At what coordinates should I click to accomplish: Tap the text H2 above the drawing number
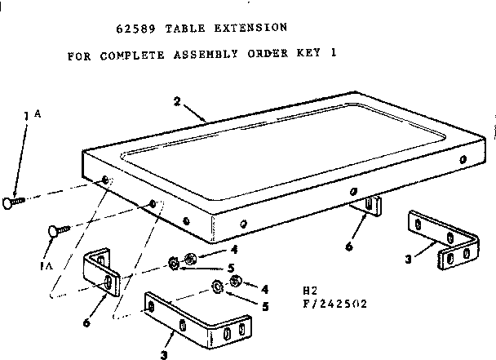tap(310, 289)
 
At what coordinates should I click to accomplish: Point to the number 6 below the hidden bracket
tap(348, 244)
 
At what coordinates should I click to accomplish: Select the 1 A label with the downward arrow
tap(32, 115)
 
